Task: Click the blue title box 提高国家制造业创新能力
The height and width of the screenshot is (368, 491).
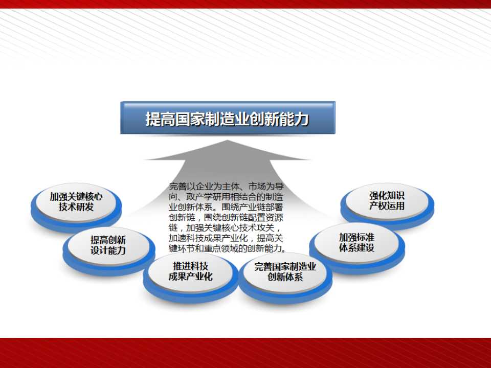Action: tap(228, 118)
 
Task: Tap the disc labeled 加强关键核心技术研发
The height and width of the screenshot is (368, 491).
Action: tap(76, 206)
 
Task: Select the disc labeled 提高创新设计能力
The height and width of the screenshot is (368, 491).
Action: tap(108, 250)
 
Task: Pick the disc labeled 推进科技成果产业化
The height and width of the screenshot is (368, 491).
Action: tap(190, 277)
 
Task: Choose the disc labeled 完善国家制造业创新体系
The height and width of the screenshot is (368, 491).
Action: tap(285, 277)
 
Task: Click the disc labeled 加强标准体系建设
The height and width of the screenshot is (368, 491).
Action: tap(356, 247)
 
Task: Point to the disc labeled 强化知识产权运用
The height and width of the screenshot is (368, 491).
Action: tap(387, 205)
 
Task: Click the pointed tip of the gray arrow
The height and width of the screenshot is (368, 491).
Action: tap(228, 140)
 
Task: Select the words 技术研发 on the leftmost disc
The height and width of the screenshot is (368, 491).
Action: tap(76, 207)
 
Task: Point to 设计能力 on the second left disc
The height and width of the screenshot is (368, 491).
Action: tap(108, 250)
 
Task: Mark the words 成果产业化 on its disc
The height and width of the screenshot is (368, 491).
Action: tap(190, 277)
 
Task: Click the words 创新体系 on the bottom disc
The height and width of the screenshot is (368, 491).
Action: tap(285, 277)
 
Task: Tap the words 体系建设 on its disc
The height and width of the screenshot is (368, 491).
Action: tap(356, 247)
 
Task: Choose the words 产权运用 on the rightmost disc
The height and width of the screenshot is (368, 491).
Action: tap(387, 206)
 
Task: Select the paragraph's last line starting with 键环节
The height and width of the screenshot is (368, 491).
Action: tap(228, 248)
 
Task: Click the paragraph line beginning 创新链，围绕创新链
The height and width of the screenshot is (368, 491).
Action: tap(226, 218)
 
